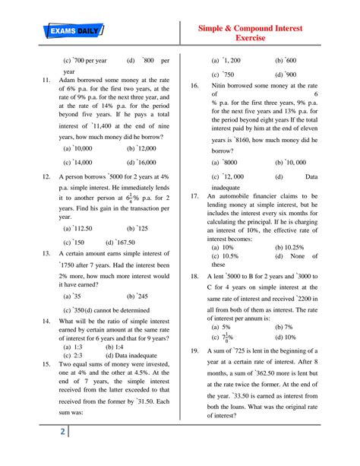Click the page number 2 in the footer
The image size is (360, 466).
pyautogui.click(x=62, y=453)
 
